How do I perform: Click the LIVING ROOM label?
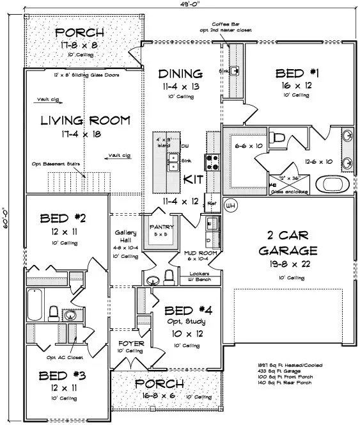[85, 120]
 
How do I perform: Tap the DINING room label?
[181, 73]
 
